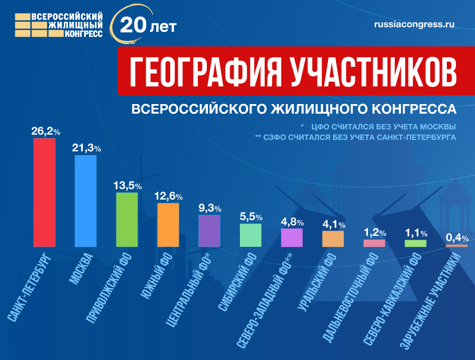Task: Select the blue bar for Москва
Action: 86,201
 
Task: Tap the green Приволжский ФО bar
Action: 127,220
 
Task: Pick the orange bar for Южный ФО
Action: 168,225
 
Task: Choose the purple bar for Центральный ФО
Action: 209,231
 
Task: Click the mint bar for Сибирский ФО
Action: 250,235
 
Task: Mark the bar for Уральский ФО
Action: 333,239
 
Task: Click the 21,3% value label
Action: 86,148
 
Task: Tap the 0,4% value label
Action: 457,237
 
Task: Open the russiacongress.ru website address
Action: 414,24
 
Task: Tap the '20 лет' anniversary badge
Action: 143,25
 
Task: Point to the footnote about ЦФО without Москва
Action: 378,127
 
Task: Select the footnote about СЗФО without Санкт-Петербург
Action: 356,137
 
